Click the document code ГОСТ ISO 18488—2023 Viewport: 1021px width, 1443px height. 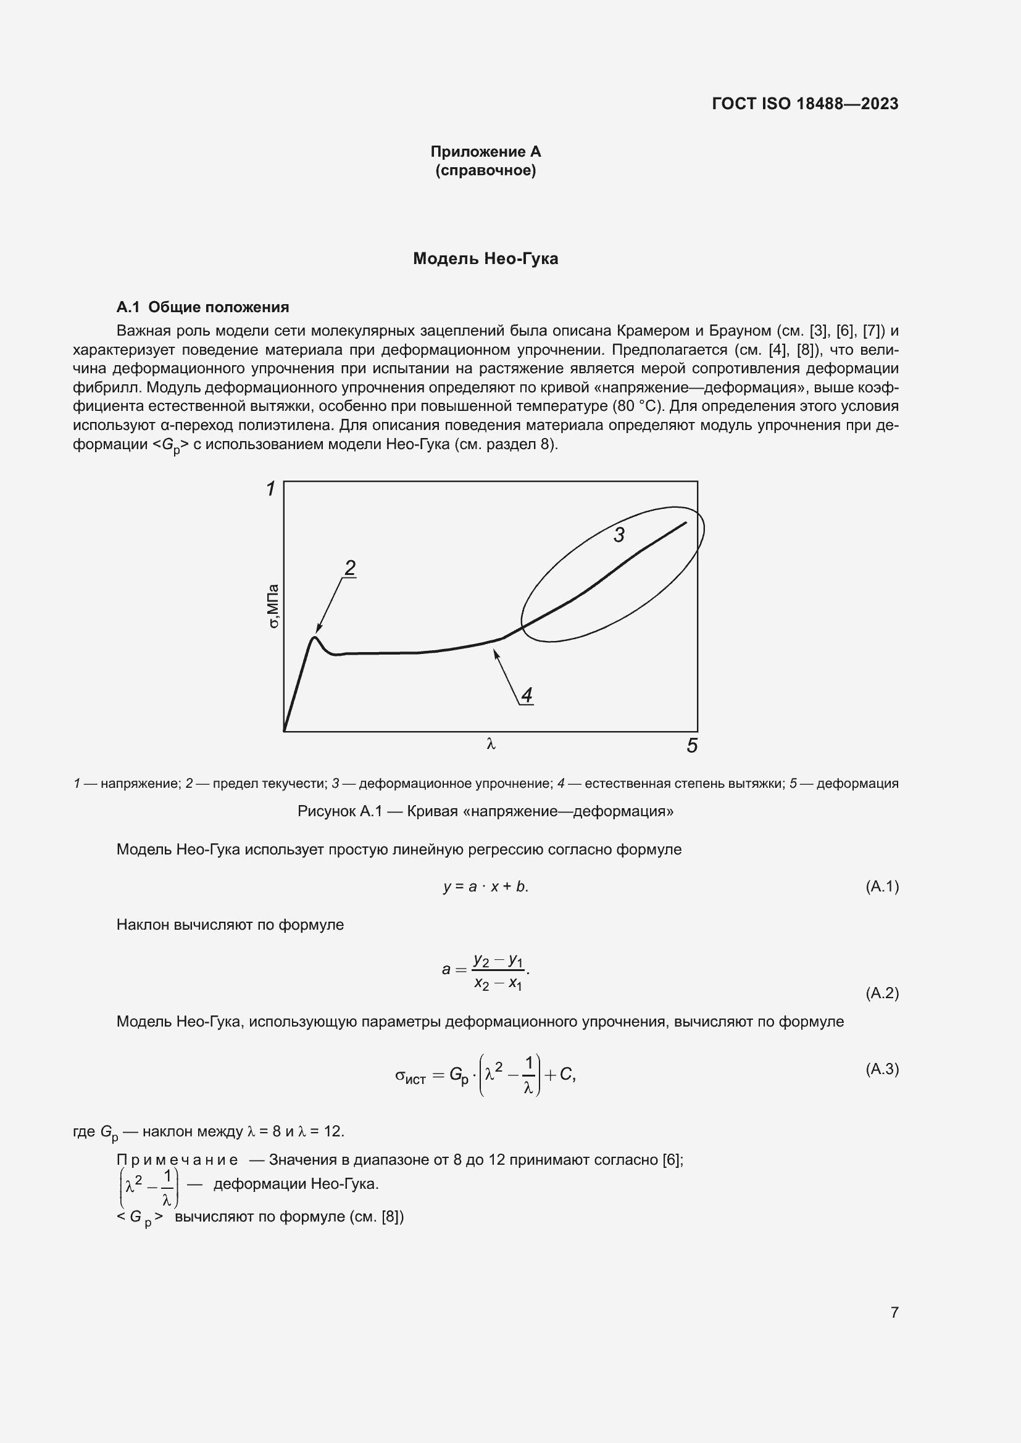[805, 104]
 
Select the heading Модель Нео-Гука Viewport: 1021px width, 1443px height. [485, 259]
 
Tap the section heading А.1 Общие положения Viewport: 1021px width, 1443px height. [202, 307]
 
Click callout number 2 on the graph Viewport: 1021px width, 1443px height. [350, 568]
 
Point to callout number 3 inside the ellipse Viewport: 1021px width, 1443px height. [619, 535]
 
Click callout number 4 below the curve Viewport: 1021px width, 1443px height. [527, 695]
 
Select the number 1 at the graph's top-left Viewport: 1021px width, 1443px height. [271, 489]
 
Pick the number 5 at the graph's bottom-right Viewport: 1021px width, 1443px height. [692, 746]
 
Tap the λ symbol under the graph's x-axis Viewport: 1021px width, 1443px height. [491, 745]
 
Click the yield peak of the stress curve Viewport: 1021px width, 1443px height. [315, 638]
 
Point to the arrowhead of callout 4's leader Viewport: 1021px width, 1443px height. [496, 653]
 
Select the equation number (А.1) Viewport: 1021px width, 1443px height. [882, 887]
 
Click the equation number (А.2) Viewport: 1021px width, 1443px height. [882, 994]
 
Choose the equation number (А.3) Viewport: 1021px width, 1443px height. [882, 1069]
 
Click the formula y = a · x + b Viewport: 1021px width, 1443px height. [485, 887]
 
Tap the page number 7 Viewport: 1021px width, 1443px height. [894, 1312]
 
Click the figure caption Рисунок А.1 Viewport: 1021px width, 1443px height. [485, 811]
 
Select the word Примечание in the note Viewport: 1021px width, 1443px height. [177, 1160]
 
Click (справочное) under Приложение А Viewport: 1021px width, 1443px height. [485, 171]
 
